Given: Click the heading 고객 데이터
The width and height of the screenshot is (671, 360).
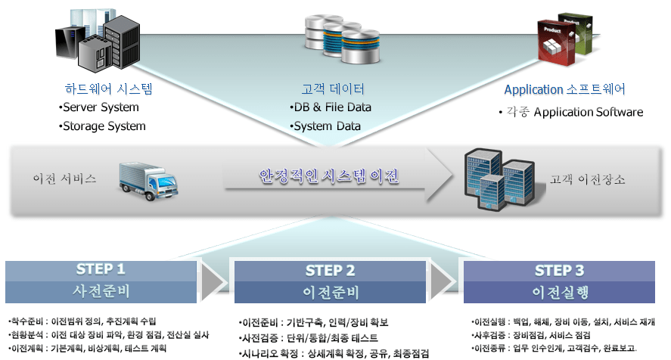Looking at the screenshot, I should (333, 88).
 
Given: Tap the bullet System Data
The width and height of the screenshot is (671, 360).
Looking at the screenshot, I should (325, 126).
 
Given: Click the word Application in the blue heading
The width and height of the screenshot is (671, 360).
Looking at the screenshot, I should (533, 90).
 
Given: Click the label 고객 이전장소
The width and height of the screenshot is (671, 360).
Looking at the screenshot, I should (587, 180).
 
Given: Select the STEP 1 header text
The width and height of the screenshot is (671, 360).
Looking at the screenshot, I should (101, 269).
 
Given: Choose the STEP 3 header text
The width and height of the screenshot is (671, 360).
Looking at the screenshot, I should (559, 270).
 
